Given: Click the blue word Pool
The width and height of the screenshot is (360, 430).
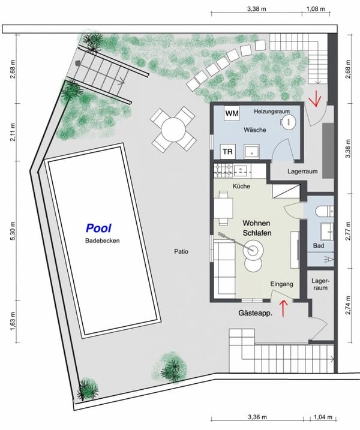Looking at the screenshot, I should pyautogui.click(x=99, y=228).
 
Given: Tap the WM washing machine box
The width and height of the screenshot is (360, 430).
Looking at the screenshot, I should pyautogui.click(x=231, y=113).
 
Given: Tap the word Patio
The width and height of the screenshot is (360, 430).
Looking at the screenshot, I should pyautogui.click(x=180, y=252).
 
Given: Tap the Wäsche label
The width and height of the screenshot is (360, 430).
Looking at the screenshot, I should pyautogui.click(x=254, y=130).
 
